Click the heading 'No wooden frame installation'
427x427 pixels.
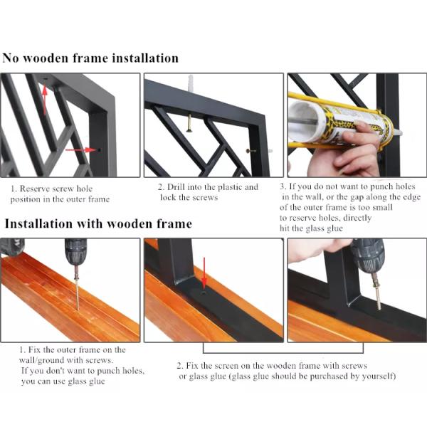click(90, 58)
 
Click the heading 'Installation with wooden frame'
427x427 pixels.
click(99, 224)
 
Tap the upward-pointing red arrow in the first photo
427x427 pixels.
click(45, 99)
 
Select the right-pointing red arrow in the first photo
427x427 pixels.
click(80, 149)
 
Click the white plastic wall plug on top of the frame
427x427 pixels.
click(191, 81)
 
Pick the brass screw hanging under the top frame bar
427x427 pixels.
click(189, 123)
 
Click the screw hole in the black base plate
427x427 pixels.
click(204, 293)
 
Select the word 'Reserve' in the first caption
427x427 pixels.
click(35, 189)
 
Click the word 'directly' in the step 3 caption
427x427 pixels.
click(357, 218)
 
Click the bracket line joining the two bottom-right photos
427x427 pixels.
click(283, 353)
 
